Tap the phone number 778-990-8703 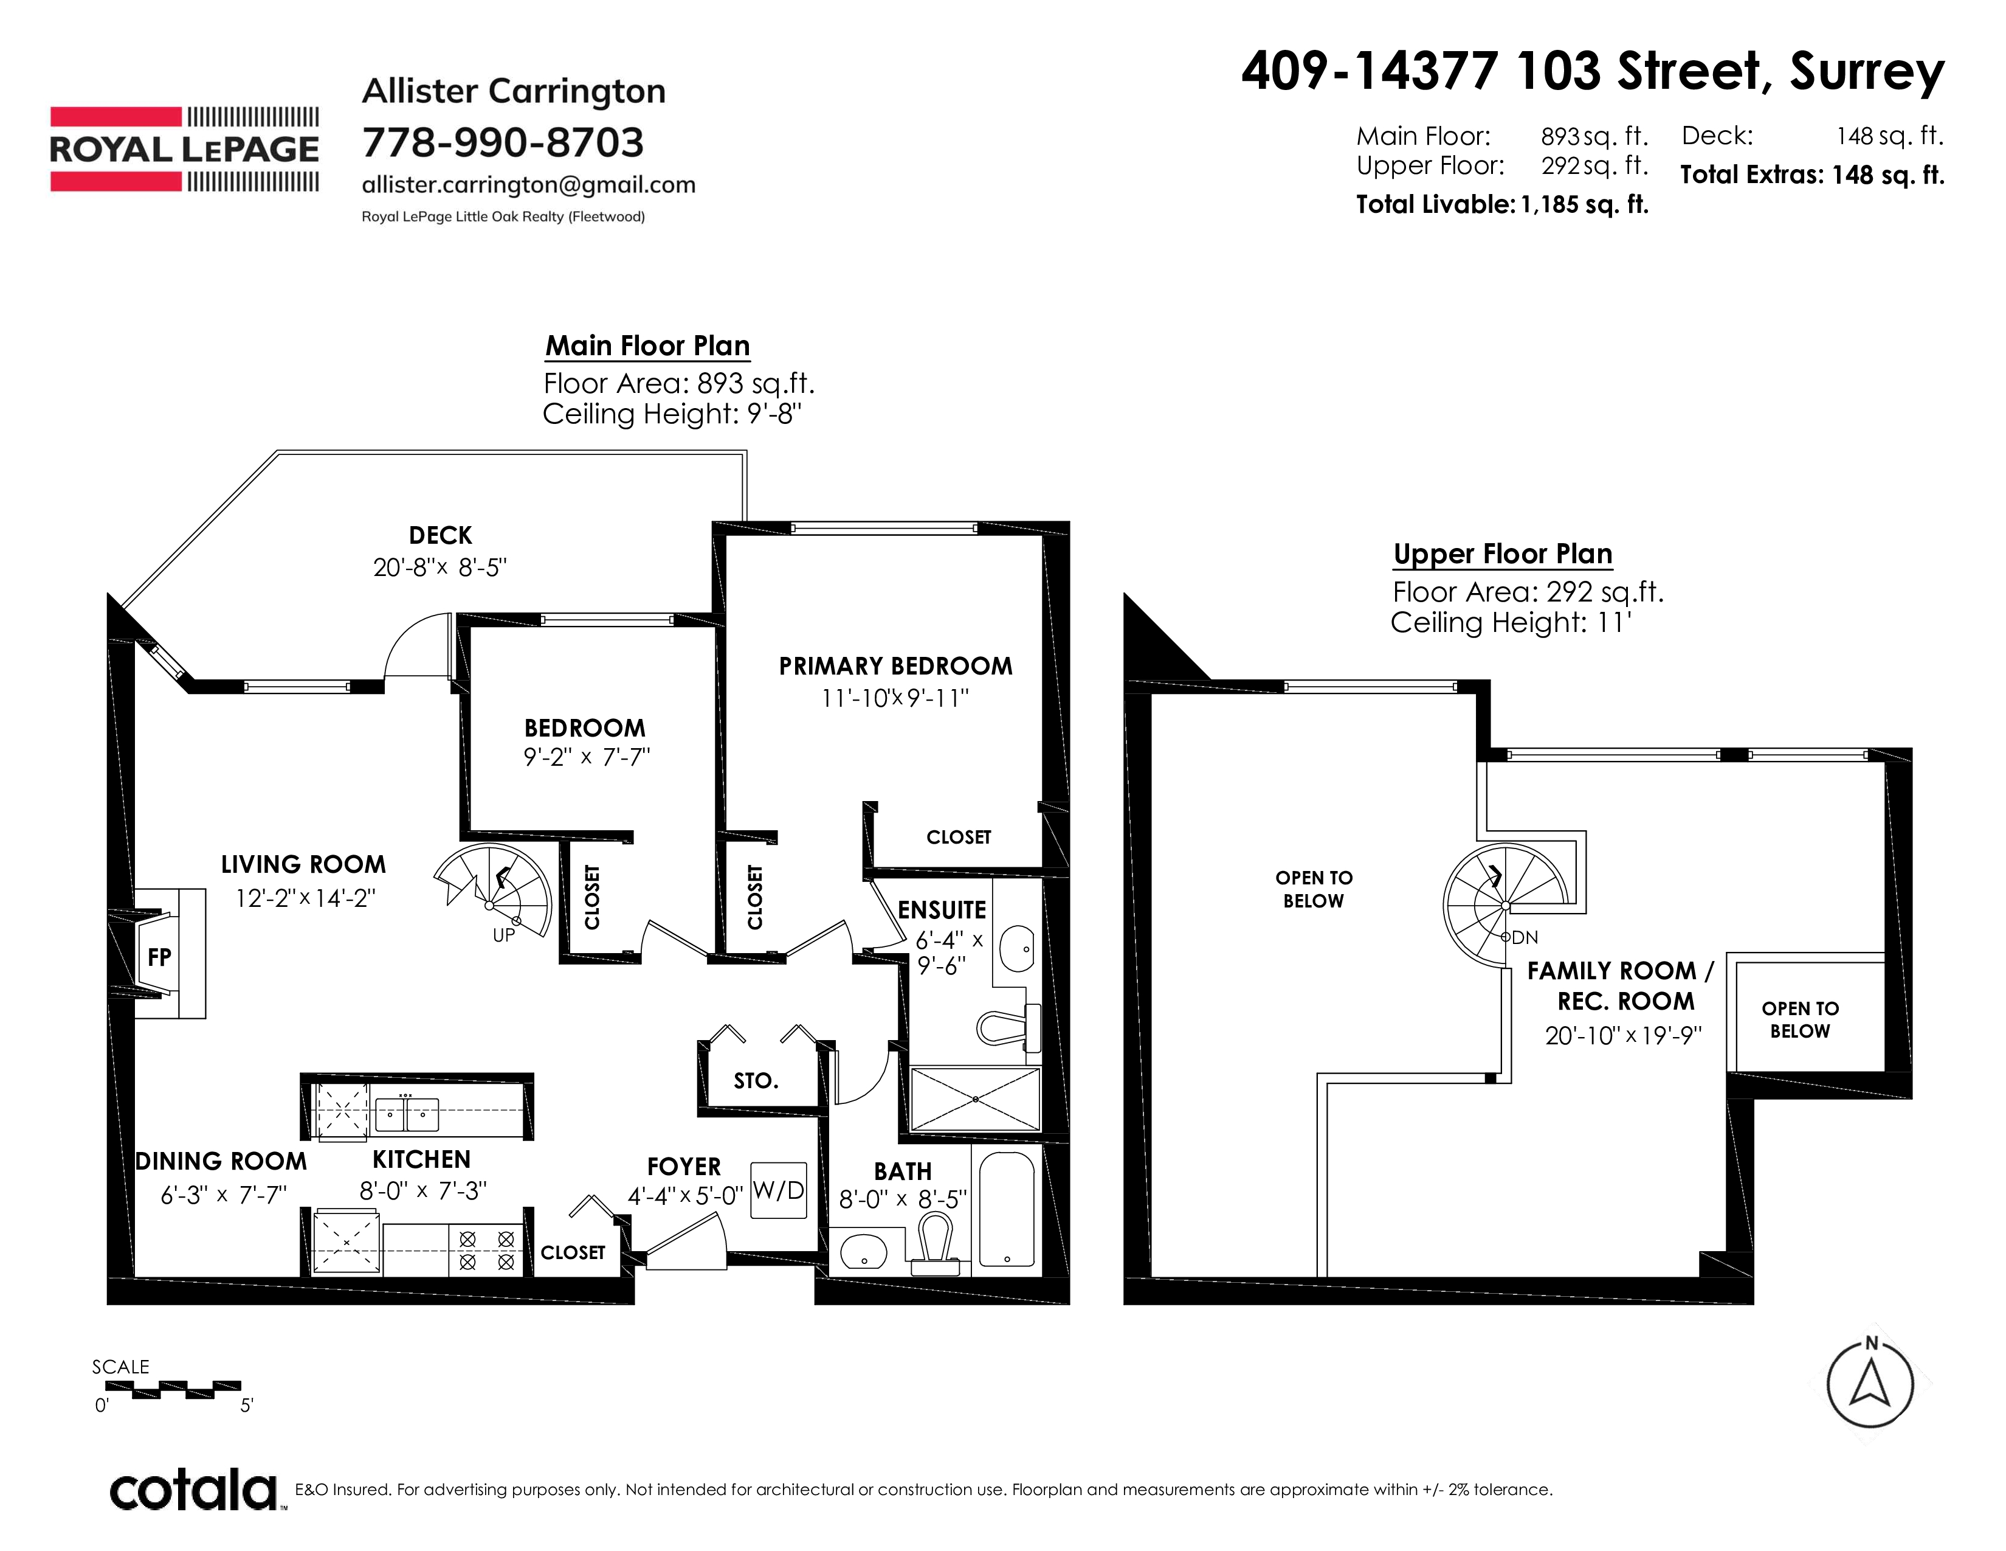503,142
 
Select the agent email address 528,185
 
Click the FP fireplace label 159,957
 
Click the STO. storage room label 756,1081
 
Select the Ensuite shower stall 974,1099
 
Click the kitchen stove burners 486,1251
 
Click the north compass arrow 1870,1383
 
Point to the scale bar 187,1390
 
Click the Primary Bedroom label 895,666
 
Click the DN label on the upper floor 1525,938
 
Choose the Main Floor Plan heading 647,345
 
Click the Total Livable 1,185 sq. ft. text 1503,204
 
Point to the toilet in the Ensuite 1008,1026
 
